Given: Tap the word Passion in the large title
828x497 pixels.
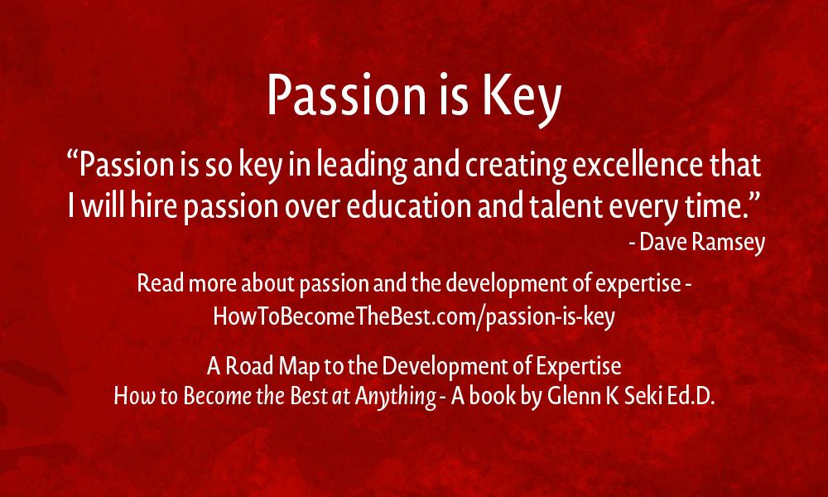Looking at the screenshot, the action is coord(346,95).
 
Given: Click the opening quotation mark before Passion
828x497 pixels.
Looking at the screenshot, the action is coord(73,157).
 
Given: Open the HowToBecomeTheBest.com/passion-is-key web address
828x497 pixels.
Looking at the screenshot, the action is coord(414,317).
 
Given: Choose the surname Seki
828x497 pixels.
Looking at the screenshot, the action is coord(638,397).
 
